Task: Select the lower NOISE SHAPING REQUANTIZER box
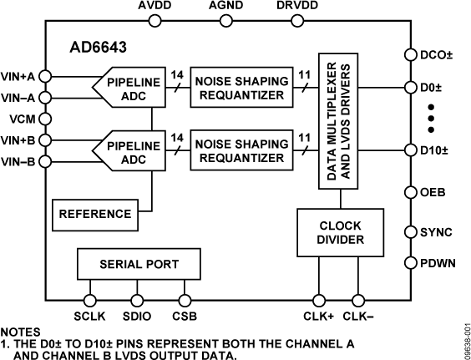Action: (x=241, y=150)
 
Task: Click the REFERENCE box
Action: (x=93, y=215)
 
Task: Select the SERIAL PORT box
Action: (x=138, y=264)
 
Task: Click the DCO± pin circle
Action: (x=410, y=55)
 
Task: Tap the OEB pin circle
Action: (x=410, y=191)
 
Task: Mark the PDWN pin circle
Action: (x=410, y=263)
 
